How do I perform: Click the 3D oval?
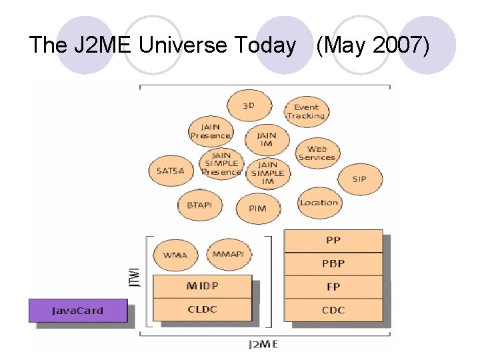(249, 105)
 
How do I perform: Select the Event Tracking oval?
(306, 111)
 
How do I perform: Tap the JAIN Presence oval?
(210, 131)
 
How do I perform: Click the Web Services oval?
(317, 153)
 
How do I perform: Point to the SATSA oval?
(170, 171)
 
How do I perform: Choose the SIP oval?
(359, 179)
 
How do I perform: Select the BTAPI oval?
(199, 205)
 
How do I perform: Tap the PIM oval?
(257, 208)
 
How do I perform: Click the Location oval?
(319, 203)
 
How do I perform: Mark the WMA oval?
(175, 255)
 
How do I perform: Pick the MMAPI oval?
(229, 255)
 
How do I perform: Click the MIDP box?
(202, 287)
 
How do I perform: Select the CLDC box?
(202, 309)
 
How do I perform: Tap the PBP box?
(333, 263)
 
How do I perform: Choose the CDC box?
(333, 309)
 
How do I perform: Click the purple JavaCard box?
(78, 311)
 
